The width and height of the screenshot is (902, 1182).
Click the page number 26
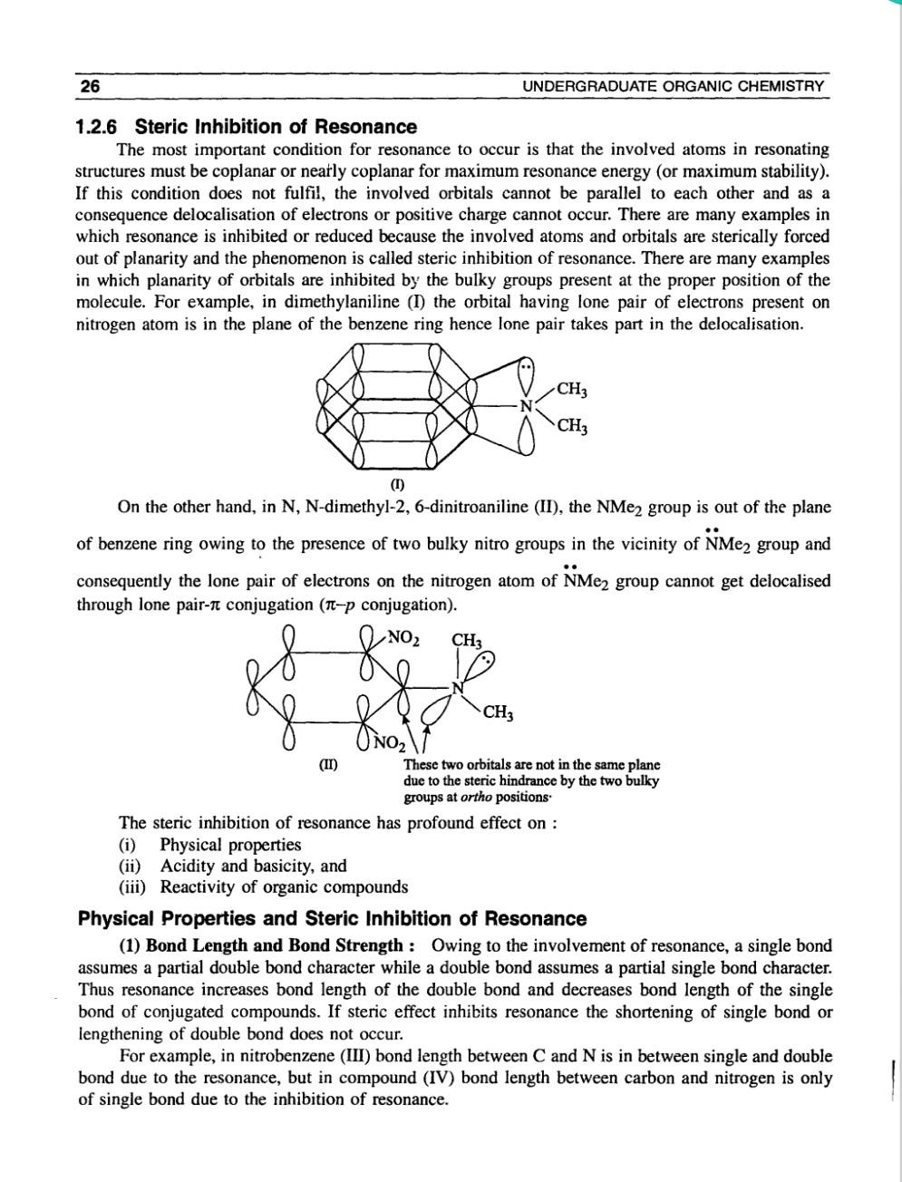pyautogui.click(x=90, y=86)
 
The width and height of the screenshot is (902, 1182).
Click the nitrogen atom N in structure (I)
pyautogui.click(x=525, y=405)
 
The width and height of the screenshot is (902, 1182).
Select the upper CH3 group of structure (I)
pyautogui.click(x=572, y=391)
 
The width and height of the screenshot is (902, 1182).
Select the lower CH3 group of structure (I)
pyautogui.click(x=572, y=427)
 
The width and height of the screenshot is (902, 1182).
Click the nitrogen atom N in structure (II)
pyautogui.click(x=457, y=686)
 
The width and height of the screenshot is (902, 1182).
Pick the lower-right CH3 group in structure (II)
pyautogui.click(x=499, y=712)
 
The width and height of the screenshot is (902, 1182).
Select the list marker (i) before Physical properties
pyautogui.click(x=128, y=845)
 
